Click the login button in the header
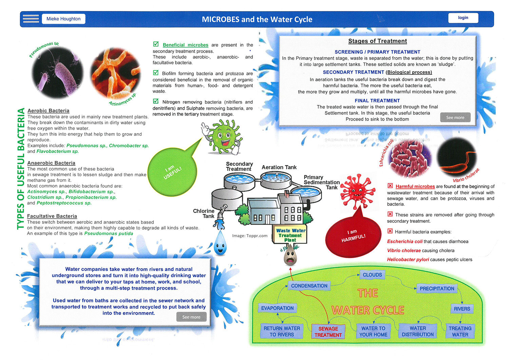463,18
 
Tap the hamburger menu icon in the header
31,19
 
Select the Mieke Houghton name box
63,19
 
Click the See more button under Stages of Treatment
455,118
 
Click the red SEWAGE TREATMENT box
328,331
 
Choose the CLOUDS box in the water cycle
372,275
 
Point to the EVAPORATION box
277,308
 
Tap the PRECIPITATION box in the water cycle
437,289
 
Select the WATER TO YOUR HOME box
373,331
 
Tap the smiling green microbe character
223,136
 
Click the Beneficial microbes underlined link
185,45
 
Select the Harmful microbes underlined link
415,186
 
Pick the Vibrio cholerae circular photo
456,158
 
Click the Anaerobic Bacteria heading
51,163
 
